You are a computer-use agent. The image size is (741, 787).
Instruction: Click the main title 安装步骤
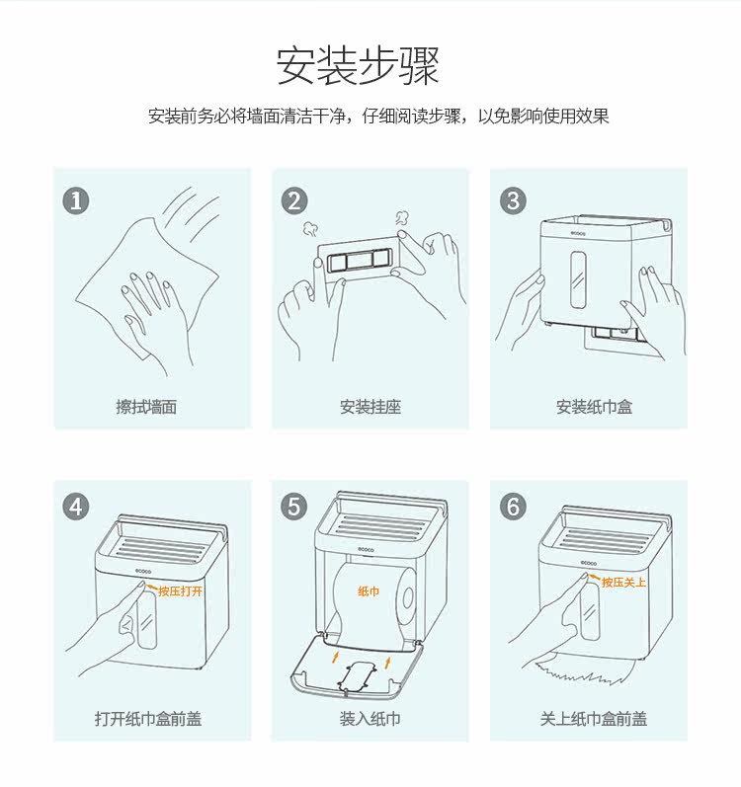(358, 65)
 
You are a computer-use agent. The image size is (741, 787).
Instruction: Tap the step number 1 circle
(76, 200)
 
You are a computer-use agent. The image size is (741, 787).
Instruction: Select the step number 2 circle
(294, 200)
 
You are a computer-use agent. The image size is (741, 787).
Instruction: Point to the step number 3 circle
(513, 200)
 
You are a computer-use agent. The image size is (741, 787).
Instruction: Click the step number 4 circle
(76, 507)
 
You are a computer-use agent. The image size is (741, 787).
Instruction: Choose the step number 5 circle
(294, 507)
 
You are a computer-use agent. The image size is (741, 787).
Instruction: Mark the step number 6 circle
(513, 507)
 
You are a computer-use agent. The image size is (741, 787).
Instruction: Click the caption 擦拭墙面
(146, 407)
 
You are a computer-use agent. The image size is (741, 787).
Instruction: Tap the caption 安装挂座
(370, 407)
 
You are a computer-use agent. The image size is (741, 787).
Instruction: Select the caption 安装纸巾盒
(594, 407)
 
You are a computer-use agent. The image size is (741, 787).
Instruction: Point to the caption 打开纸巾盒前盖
(148, 719)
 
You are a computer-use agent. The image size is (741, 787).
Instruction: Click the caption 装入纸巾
(370, 719)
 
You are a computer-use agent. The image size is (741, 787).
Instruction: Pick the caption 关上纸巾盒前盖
(594, 719)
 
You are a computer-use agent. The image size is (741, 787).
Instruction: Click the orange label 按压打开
(180, 591)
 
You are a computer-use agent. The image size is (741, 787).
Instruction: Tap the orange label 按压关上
(623, 583)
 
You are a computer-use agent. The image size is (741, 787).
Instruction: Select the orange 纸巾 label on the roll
(369, 591)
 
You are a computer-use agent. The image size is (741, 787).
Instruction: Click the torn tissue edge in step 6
(582, 671)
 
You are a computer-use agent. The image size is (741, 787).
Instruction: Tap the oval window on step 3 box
(578, 278)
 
